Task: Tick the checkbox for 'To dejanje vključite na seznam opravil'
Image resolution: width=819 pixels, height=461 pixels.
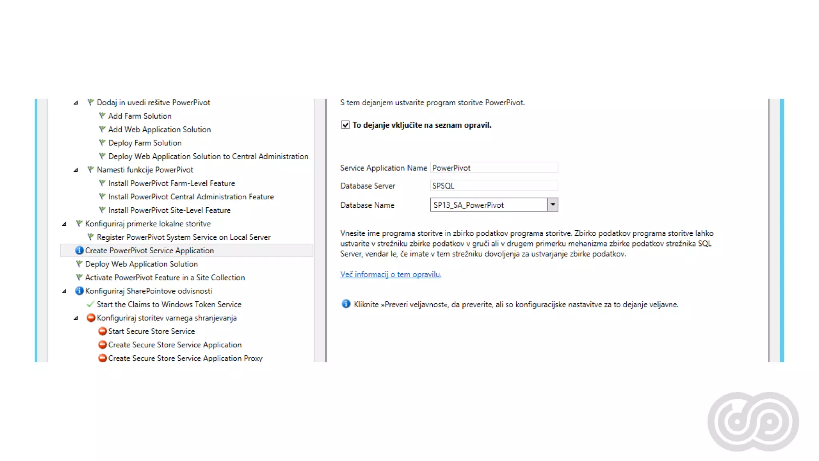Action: [345, 125]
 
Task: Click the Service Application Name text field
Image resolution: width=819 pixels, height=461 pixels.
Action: [494, 168]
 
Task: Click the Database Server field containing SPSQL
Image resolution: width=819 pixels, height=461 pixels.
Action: [494, 186]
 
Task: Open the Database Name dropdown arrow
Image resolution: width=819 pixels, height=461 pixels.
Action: [553, 204]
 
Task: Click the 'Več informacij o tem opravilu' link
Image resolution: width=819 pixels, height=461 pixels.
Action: [391, 275]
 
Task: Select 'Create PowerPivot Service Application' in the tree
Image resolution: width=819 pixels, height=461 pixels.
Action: [150, 251]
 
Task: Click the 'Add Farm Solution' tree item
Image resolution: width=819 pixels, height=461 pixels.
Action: [140, 116]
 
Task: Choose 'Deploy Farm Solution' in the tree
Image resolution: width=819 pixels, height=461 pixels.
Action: [145, 143]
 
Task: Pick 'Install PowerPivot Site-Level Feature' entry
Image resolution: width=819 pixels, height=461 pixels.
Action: [169, 210]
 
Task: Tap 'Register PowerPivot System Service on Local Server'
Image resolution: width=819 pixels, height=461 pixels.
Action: [184, 237]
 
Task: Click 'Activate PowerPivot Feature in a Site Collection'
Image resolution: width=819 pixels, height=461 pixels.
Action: [165, 278]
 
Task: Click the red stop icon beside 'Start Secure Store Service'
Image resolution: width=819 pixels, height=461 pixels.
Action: [102, 331]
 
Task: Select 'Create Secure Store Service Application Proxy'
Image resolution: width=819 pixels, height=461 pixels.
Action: [185, 358]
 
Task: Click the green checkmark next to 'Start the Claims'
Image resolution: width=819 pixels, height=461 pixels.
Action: [90, 304]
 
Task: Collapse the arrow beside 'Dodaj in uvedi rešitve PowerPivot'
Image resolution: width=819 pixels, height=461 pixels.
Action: [76, 103]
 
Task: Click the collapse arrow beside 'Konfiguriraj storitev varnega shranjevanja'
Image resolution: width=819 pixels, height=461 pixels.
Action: [76, 318]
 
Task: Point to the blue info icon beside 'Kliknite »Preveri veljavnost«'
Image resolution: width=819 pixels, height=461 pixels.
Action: [346, 304]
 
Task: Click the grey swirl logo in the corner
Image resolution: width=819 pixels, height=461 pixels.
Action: [753, 421]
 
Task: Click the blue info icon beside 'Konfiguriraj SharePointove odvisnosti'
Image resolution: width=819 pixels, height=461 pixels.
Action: [79, 291]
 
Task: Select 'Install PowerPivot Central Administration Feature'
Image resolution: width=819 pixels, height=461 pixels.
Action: [191, 197]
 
